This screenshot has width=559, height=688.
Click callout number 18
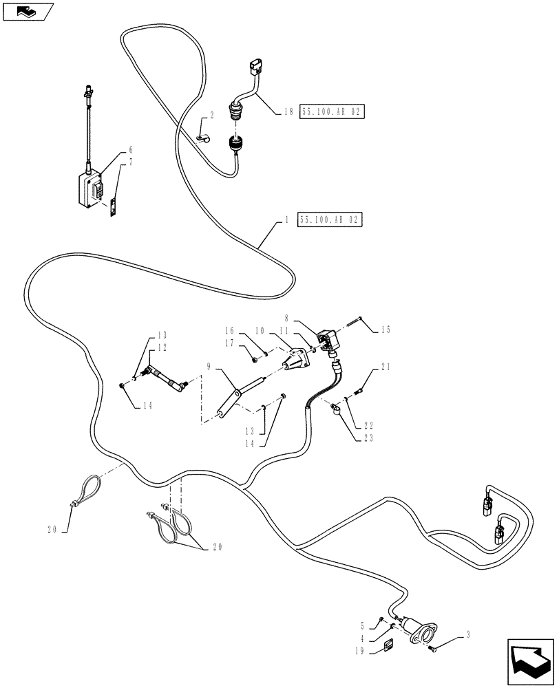pyautogui.click(x=289, y=111)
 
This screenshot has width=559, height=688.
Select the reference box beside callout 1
pyautogui.click(x=329, y=220)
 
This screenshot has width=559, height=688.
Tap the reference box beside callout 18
pyautogui.click(x=332, y=111)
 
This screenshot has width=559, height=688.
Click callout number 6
pyautogui.click(x=130, y=149)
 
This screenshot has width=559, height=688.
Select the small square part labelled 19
pyautogui.click(x=388, y=644)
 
